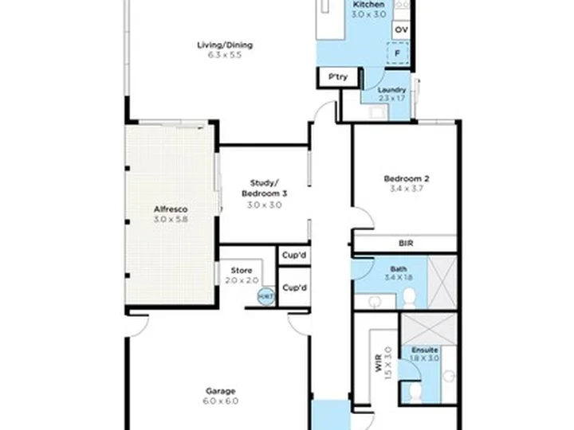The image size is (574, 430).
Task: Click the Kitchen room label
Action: coord(369,5)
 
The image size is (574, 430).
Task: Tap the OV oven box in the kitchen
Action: coord(401,29)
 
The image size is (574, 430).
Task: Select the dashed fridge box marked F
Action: coord(400,53)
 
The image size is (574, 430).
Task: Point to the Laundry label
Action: coord(391,90)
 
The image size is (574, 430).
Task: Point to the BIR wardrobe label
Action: coord(405,244)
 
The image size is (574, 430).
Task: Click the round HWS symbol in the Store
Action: coord(265,296)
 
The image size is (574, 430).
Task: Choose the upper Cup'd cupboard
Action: coord(294,256)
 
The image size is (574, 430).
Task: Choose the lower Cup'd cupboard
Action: coord(294,287)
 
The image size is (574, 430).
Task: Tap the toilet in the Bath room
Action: coord(409,298)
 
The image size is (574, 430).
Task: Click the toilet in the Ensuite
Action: coord(414,393)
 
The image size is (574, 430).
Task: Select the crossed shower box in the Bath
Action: coord(442,282)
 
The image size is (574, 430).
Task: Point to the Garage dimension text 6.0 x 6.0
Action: coord(221,401)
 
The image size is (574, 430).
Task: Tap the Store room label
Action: coord(241,271)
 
